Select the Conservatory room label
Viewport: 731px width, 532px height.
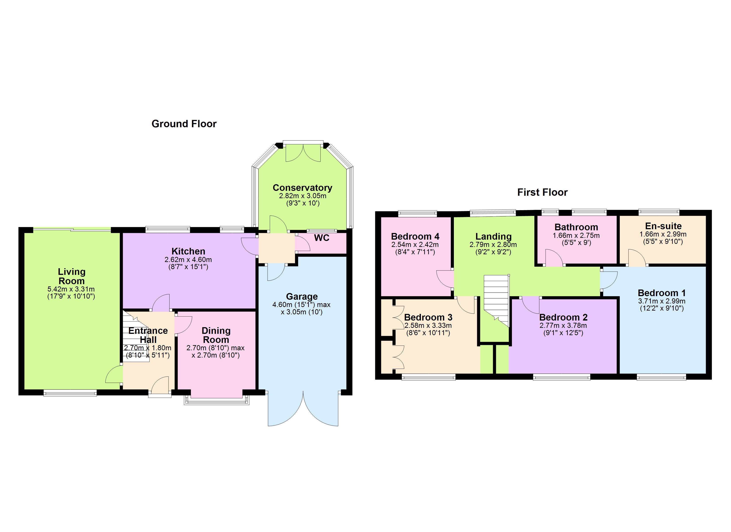302,188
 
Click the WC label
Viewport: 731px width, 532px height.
321,238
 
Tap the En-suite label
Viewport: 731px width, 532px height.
663,226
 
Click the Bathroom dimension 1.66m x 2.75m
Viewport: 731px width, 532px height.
576,235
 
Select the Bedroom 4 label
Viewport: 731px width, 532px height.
415,237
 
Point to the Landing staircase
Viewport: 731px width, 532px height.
496,298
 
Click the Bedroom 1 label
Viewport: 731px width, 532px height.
661,293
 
